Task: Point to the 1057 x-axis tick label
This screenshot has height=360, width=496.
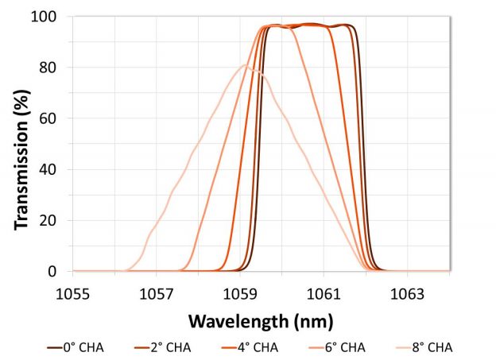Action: [x=157, y=295]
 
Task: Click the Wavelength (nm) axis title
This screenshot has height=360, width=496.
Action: [x=261, y=320]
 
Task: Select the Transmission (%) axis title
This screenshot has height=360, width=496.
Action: [x=21, y=144]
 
